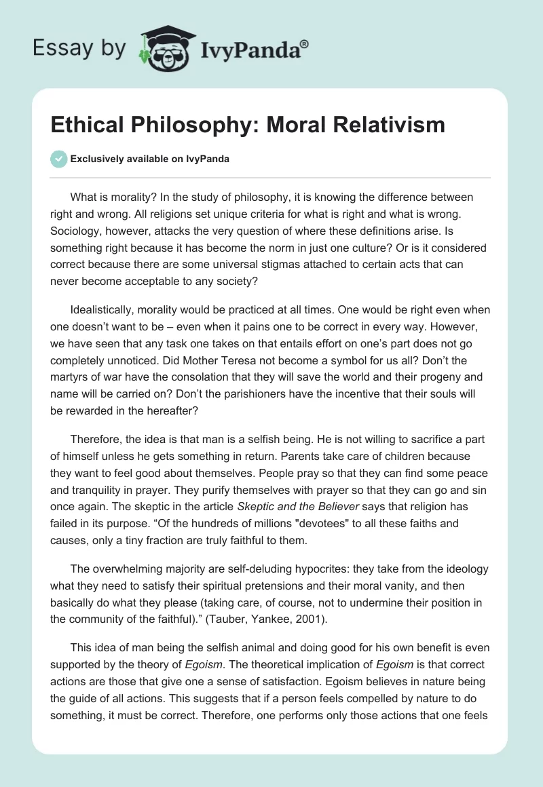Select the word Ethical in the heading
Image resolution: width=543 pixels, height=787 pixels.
pyautogui.click(x=84, y=125)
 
